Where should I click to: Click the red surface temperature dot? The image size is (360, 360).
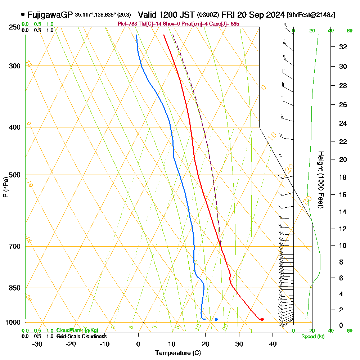pos(262,319)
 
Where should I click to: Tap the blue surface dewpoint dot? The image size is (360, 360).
pos(216,319)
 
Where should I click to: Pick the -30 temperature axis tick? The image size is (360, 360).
pos(37,344)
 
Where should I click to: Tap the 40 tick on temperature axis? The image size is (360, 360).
pos(273,344)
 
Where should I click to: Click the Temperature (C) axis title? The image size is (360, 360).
pos(178,353)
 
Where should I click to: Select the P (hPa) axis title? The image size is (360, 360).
pos(5,187)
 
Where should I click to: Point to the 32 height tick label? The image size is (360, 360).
pos(343,46)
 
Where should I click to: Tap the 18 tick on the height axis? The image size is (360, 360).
pos(343,177)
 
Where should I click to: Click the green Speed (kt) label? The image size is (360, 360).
pos(312,337)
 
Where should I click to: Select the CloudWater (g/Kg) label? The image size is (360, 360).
pos(77,330)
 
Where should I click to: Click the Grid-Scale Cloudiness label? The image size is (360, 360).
pos(81,336)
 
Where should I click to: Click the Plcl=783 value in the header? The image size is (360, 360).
pos(128,24)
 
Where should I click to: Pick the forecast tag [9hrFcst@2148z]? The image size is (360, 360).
pos(311,15)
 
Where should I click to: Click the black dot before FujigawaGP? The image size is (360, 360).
pos(23,15)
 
